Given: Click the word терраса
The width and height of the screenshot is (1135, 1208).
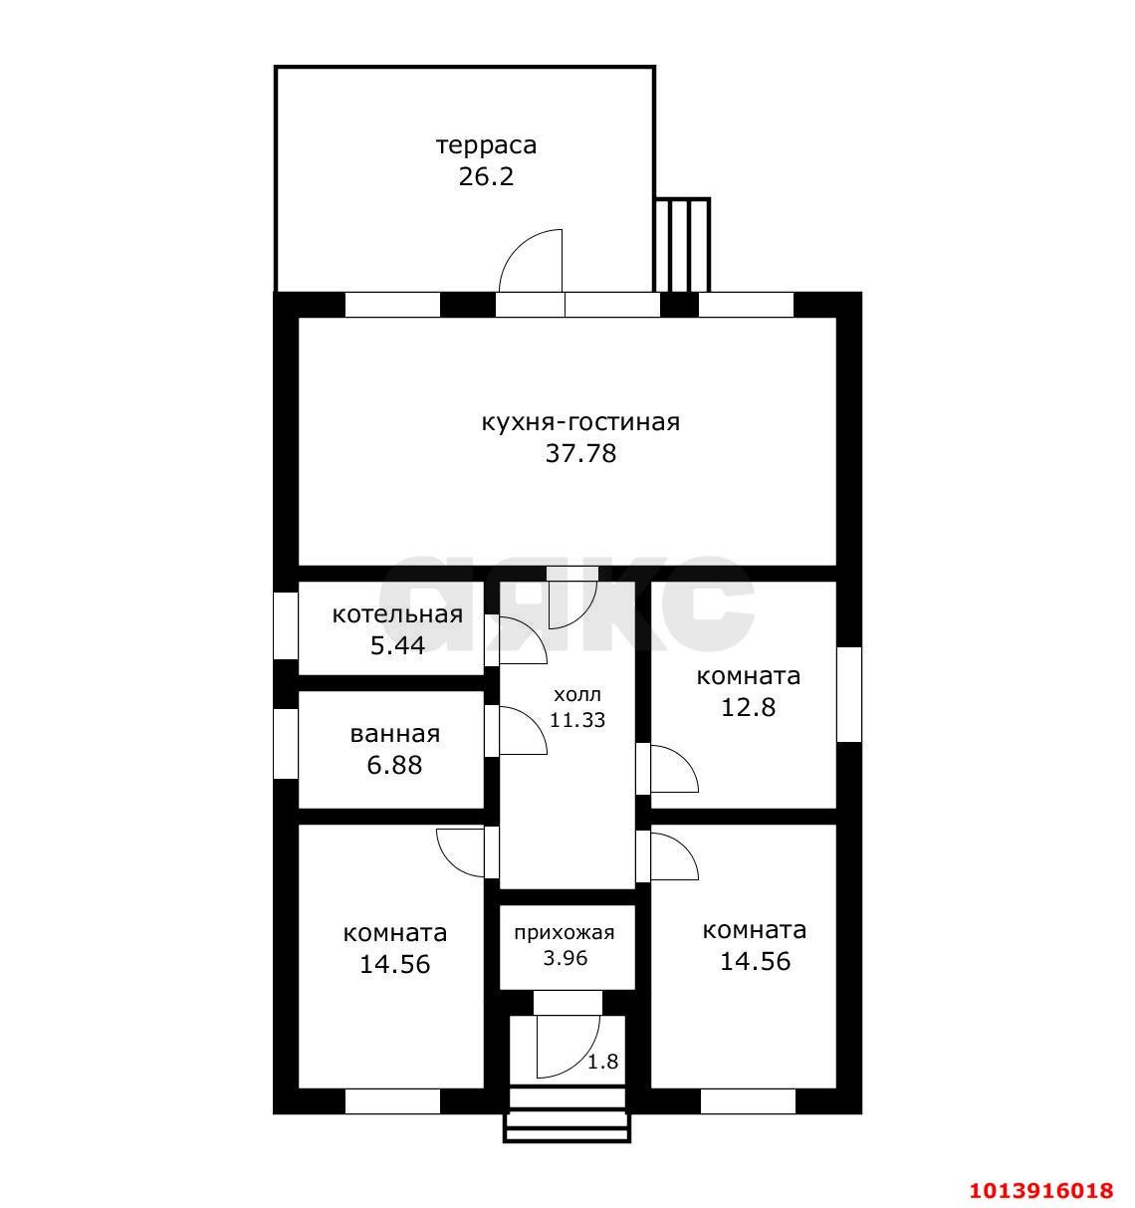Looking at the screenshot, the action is click(486, 146).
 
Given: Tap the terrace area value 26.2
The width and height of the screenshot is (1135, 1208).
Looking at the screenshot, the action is click(486, 177).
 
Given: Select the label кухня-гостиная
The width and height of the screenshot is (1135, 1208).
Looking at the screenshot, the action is click(580, 422).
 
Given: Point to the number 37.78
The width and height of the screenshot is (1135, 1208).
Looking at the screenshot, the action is click(580, 454).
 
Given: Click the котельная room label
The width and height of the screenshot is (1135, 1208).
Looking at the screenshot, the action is click(397, 614).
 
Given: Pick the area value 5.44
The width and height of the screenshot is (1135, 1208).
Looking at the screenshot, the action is click(397, 645).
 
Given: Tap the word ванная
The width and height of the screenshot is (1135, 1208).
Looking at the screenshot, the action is click(394, 734).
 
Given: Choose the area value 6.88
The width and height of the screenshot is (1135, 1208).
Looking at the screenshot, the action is click(394, 765).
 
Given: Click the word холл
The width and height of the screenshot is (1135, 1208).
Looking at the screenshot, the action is click(576, 694).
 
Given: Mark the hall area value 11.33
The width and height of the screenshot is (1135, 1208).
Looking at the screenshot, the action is click(577, 720).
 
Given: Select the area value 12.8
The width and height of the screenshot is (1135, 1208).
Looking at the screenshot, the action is click(748, 707).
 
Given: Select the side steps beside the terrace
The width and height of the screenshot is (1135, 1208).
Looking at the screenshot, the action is click(682, 245).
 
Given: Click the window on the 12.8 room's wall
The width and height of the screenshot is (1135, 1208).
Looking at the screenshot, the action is click(849, 695).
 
